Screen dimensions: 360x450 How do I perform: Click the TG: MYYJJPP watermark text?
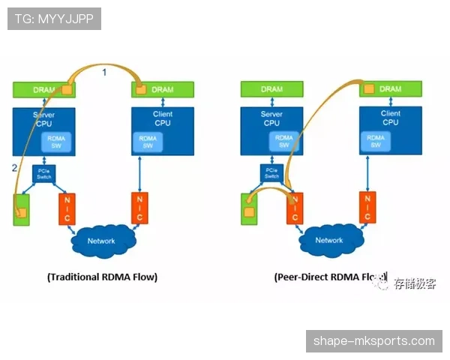coord(54,18)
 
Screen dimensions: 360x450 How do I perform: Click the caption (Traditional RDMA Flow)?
coord(102,276)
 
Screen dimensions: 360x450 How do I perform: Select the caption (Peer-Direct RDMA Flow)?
coord(331,277)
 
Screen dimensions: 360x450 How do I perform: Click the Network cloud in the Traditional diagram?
coord(101,241)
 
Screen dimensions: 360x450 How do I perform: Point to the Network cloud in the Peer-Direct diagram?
coord(328,241)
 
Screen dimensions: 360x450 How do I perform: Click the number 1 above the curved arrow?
coord(105,71)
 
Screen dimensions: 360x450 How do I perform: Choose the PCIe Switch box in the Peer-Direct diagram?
coord(271,174)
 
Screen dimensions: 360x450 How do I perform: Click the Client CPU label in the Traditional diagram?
coord(163,118)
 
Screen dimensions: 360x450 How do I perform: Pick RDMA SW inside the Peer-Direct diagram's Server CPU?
coord(283,141)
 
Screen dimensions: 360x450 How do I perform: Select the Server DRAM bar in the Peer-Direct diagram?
coord(271,90)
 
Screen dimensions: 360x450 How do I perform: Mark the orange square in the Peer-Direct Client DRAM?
coord(368,89)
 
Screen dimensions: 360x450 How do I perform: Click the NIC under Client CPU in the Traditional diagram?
coord(139,208)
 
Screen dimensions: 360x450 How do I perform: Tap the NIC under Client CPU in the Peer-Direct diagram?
coord(367,208)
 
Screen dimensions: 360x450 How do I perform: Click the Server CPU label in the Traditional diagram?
coord(44,118)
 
